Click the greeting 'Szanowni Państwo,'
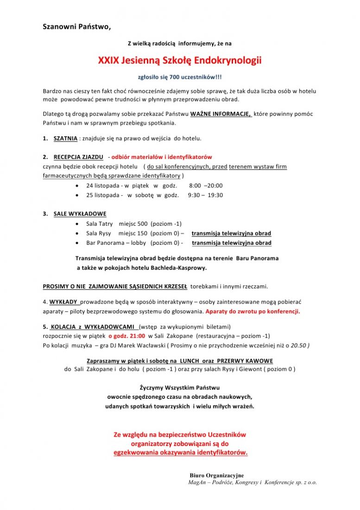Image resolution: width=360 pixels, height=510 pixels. click(x=76, y=26)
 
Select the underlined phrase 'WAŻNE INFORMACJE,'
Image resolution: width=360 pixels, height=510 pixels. click(x=221, y=114)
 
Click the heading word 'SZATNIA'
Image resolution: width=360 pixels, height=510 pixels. click(x=65, y=138)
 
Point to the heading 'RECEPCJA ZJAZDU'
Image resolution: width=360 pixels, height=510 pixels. click(x=78, y=157)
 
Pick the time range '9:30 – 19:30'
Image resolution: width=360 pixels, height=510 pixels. click(x=205, y=195)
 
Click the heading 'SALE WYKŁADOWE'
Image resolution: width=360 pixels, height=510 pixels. click(x=80, y=214)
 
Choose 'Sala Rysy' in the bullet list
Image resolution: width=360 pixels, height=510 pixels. click(x=99, y=233)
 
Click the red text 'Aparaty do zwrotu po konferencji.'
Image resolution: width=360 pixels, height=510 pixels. click(x=253, y=311)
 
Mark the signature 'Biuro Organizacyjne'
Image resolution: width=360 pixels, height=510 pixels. click(x=216, y=476)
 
